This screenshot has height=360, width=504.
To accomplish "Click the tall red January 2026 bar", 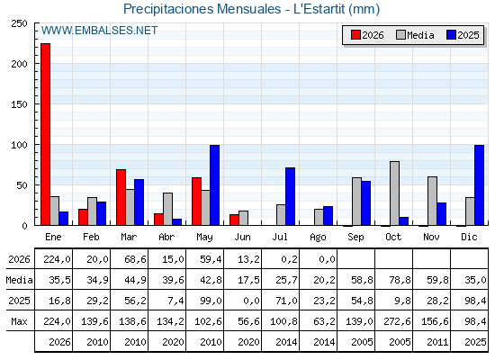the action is click(45, 134).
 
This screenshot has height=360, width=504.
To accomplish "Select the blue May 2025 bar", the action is click(215, 185).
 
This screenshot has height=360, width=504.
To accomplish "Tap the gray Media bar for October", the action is click(394, 193).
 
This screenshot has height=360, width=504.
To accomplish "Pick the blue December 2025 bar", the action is click(479, 185).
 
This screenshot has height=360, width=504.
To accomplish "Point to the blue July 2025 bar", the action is click(290, 196).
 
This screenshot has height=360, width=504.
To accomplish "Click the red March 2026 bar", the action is click(121, 197).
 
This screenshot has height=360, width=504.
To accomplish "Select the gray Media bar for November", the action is click(432, 201).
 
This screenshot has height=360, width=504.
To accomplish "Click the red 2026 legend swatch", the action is click(355, 35).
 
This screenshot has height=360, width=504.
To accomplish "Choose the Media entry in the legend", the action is click(415, 35).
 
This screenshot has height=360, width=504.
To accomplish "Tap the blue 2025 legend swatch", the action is click(451, 35).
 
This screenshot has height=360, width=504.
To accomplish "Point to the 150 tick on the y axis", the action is click(19, 104).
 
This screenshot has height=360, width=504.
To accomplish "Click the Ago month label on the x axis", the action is click(318, 238).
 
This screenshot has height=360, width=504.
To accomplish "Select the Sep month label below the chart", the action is click(355, 237).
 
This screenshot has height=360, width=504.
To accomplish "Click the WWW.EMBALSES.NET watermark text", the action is click(99, 31).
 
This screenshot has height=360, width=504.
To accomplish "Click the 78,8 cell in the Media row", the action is click(400, 280).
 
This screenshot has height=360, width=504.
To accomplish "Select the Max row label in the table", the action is click(19, 321).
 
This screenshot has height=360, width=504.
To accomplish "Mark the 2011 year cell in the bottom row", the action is click(437, 342).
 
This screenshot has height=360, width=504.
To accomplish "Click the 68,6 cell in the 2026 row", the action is click(135, 259).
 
